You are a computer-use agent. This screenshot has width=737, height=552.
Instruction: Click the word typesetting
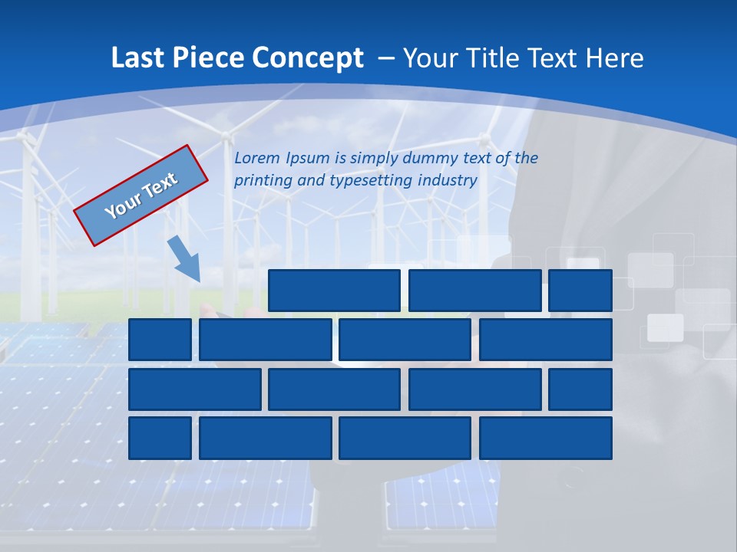(x=371, y=180)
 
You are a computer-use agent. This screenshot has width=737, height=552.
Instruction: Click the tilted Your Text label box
(x=141, y=195)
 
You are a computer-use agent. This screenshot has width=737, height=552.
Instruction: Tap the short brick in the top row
(x=580, y=291)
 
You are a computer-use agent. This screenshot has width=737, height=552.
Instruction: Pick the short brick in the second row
(x=160, y=340)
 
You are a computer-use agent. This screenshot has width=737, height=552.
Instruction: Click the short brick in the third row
(x=580, y=389)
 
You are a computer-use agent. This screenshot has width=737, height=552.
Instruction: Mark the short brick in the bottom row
(x=160, y=438)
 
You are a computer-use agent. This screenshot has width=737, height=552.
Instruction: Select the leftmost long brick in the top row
(x=334, y=291)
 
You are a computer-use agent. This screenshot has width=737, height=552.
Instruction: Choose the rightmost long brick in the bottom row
(x=546, y=438)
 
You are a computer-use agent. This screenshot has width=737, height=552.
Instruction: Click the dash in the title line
(x=386, y=58)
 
